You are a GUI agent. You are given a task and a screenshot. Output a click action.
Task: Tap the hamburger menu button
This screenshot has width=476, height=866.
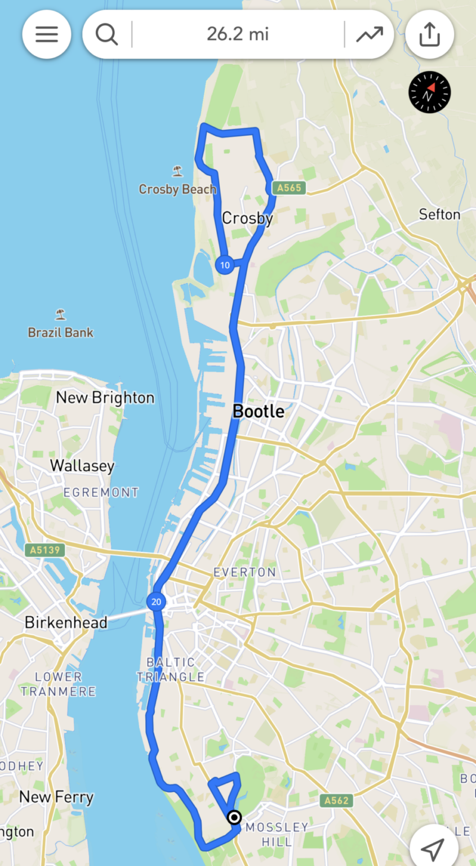pyautogui.click(x=47, y=34)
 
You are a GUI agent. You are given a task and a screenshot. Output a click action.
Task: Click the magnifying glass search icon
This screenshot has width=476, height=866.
pyautogui.click(x=106, y=34)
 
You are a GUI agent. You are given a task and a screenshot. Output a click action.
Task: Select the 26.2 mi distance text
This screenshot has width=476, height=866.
pyautogui.click(x=238, y=34)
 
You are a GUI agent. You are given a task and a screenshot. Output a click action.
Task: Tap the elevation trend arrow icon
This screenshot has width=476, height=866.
pyautogui.click(x=370, y=34)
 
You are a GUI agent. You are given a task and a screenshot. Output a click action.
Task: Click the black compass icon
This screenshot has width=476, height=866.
pyautogui.click(x=430, y=92)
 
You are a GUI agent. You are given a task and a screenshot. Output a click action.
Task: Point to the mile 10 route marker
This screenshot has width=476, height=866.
pyautogui.click(x=225, y=265)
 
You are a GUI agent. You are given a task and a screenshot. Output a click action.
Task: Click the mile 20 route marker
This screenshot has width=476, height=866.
pyautogui.click(x=156, y=602)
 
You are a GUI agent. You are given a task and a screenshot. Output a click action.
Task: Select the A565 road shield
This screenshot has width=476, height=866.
pyautogui.click(x=288, y=188)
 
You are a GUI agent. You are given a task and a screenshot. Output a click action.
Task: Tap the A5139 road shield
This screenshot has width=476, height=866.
pyautogui.click(x=45, y=549)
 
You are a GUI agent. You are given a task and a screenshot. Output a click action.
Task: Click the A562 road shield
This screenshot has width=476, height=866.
pyautogui.click(x=337, y=800)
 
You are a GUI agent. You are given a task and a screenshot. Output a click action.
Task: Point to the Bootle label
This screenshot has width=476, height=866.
pyautogui.click(x=259, y=412)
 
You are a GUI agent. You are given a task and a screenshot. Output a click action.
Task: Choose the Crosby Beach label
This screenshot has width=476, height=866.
pyautogui.click(x=177, y=189)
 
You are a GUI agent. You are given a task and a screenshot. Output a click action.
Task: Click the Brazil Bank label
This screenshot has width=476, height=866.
pyautogui.click(x=61, y=333)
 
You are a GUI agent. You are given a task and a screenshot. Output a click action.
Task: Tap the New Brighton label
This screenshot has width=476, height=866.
pyautogui.click(x=105, y=397)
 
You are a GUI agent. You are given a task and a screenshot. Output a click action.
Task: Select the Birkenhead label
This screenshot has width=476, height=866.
pyautogui.click(x=66, y=622)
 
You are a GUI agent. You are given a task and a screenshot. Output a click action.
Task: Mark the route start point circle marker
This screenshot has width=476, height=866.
pyautogui.click(x=234, y=817)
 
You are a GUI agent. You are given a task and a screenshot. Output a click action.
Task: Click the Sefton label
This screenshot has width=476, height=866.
pyautogui.click(x=439, y=214)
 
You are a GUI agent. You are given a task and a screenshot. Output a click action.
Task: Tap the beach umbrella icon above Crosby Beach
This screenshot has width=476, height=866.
pyautogui.click(x=178, y=170)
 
